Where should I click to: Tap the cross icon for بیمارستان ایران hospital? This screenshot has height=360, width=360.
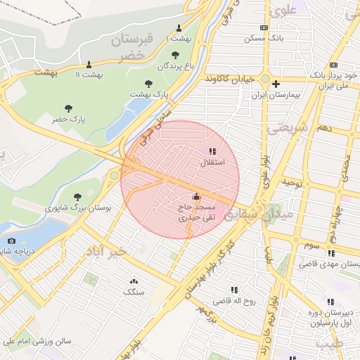point(276,84)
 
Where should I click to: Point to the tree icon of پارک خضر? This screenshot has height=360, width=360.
point(68,108)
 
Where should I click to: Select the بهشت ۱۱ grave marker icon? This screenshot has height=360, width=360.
point(89,65)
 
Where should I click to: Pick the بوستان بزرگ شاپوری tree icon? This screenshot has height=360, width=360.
point(77,197)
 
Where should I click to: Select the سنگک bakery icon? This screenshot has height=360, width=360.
point(134,281)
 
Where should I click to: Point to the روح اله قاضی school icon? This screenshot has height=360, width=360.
point(234,290)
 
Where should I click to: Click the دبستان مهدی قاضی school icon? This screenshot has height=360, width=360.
point(330,253)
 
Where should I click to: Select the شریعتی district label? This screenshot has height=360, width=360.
point(289,129)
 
